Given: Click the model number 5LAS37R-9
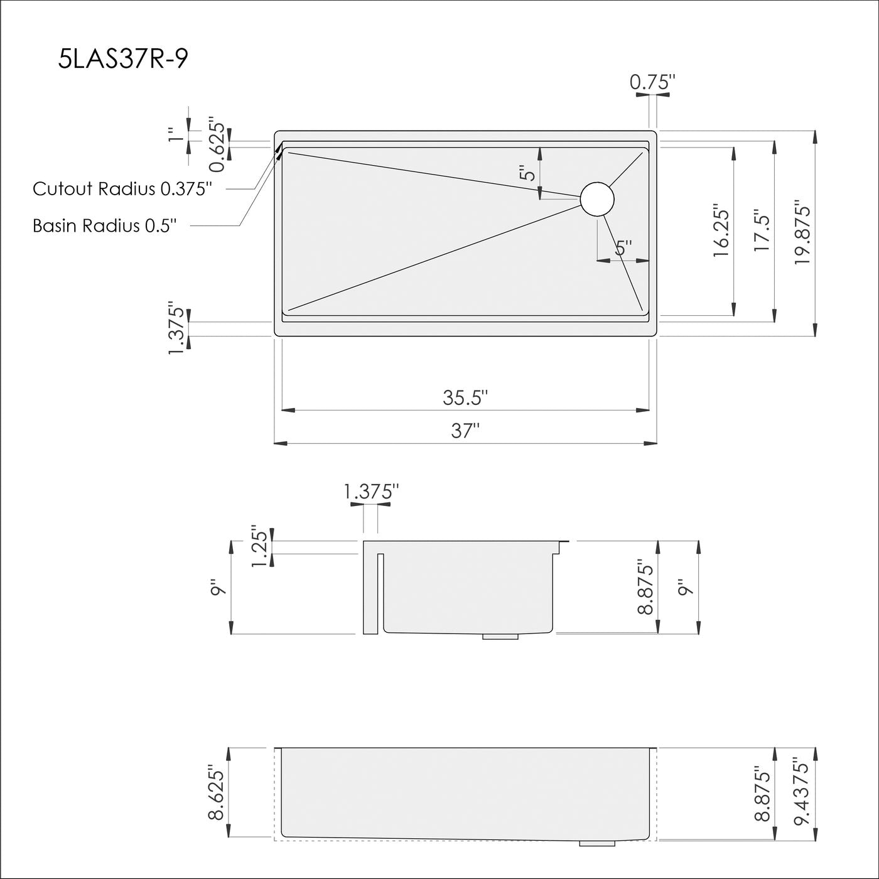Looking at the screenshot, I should [x=122, y=60].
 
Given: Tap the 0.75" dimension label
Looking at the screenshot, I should [x=652, y=82].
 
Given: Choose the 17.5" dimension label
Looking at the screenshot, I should [x=762, y=231].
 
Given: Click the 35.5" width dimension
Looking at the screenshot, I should [x=465, y=397].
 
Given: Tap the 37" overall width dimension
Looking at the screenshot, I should [x=465, y=431].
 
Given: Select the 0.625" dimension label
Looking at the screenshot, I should [x=217, y=144].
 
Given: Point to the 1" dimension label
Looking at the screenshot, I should [x=175, y=135].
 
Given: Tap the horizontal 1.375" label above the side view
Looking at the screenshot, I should [x=372, y=492].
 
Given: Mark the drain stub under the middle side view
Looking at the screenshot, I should [x=500, y=637].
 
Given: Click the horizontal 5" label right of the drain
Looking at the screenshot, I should [x=623, y=249].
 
